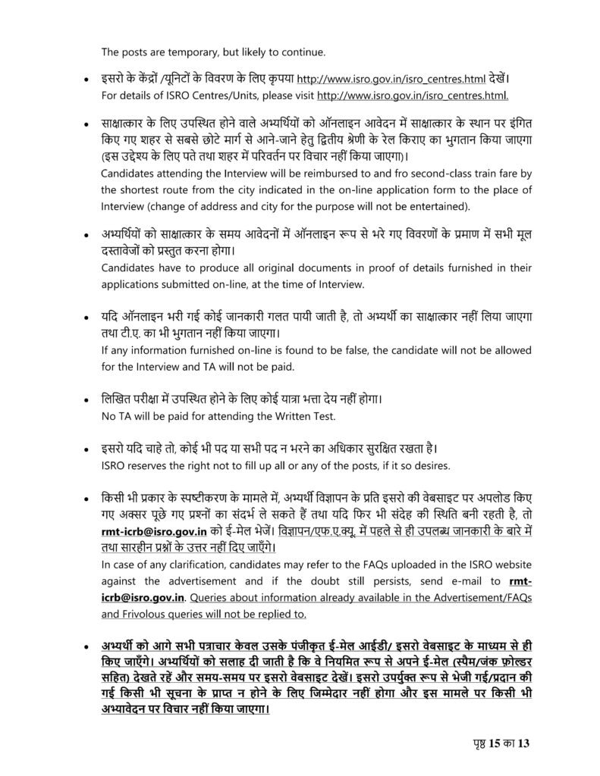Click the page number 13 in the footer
pyautogui.click(x=523, y=743)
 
